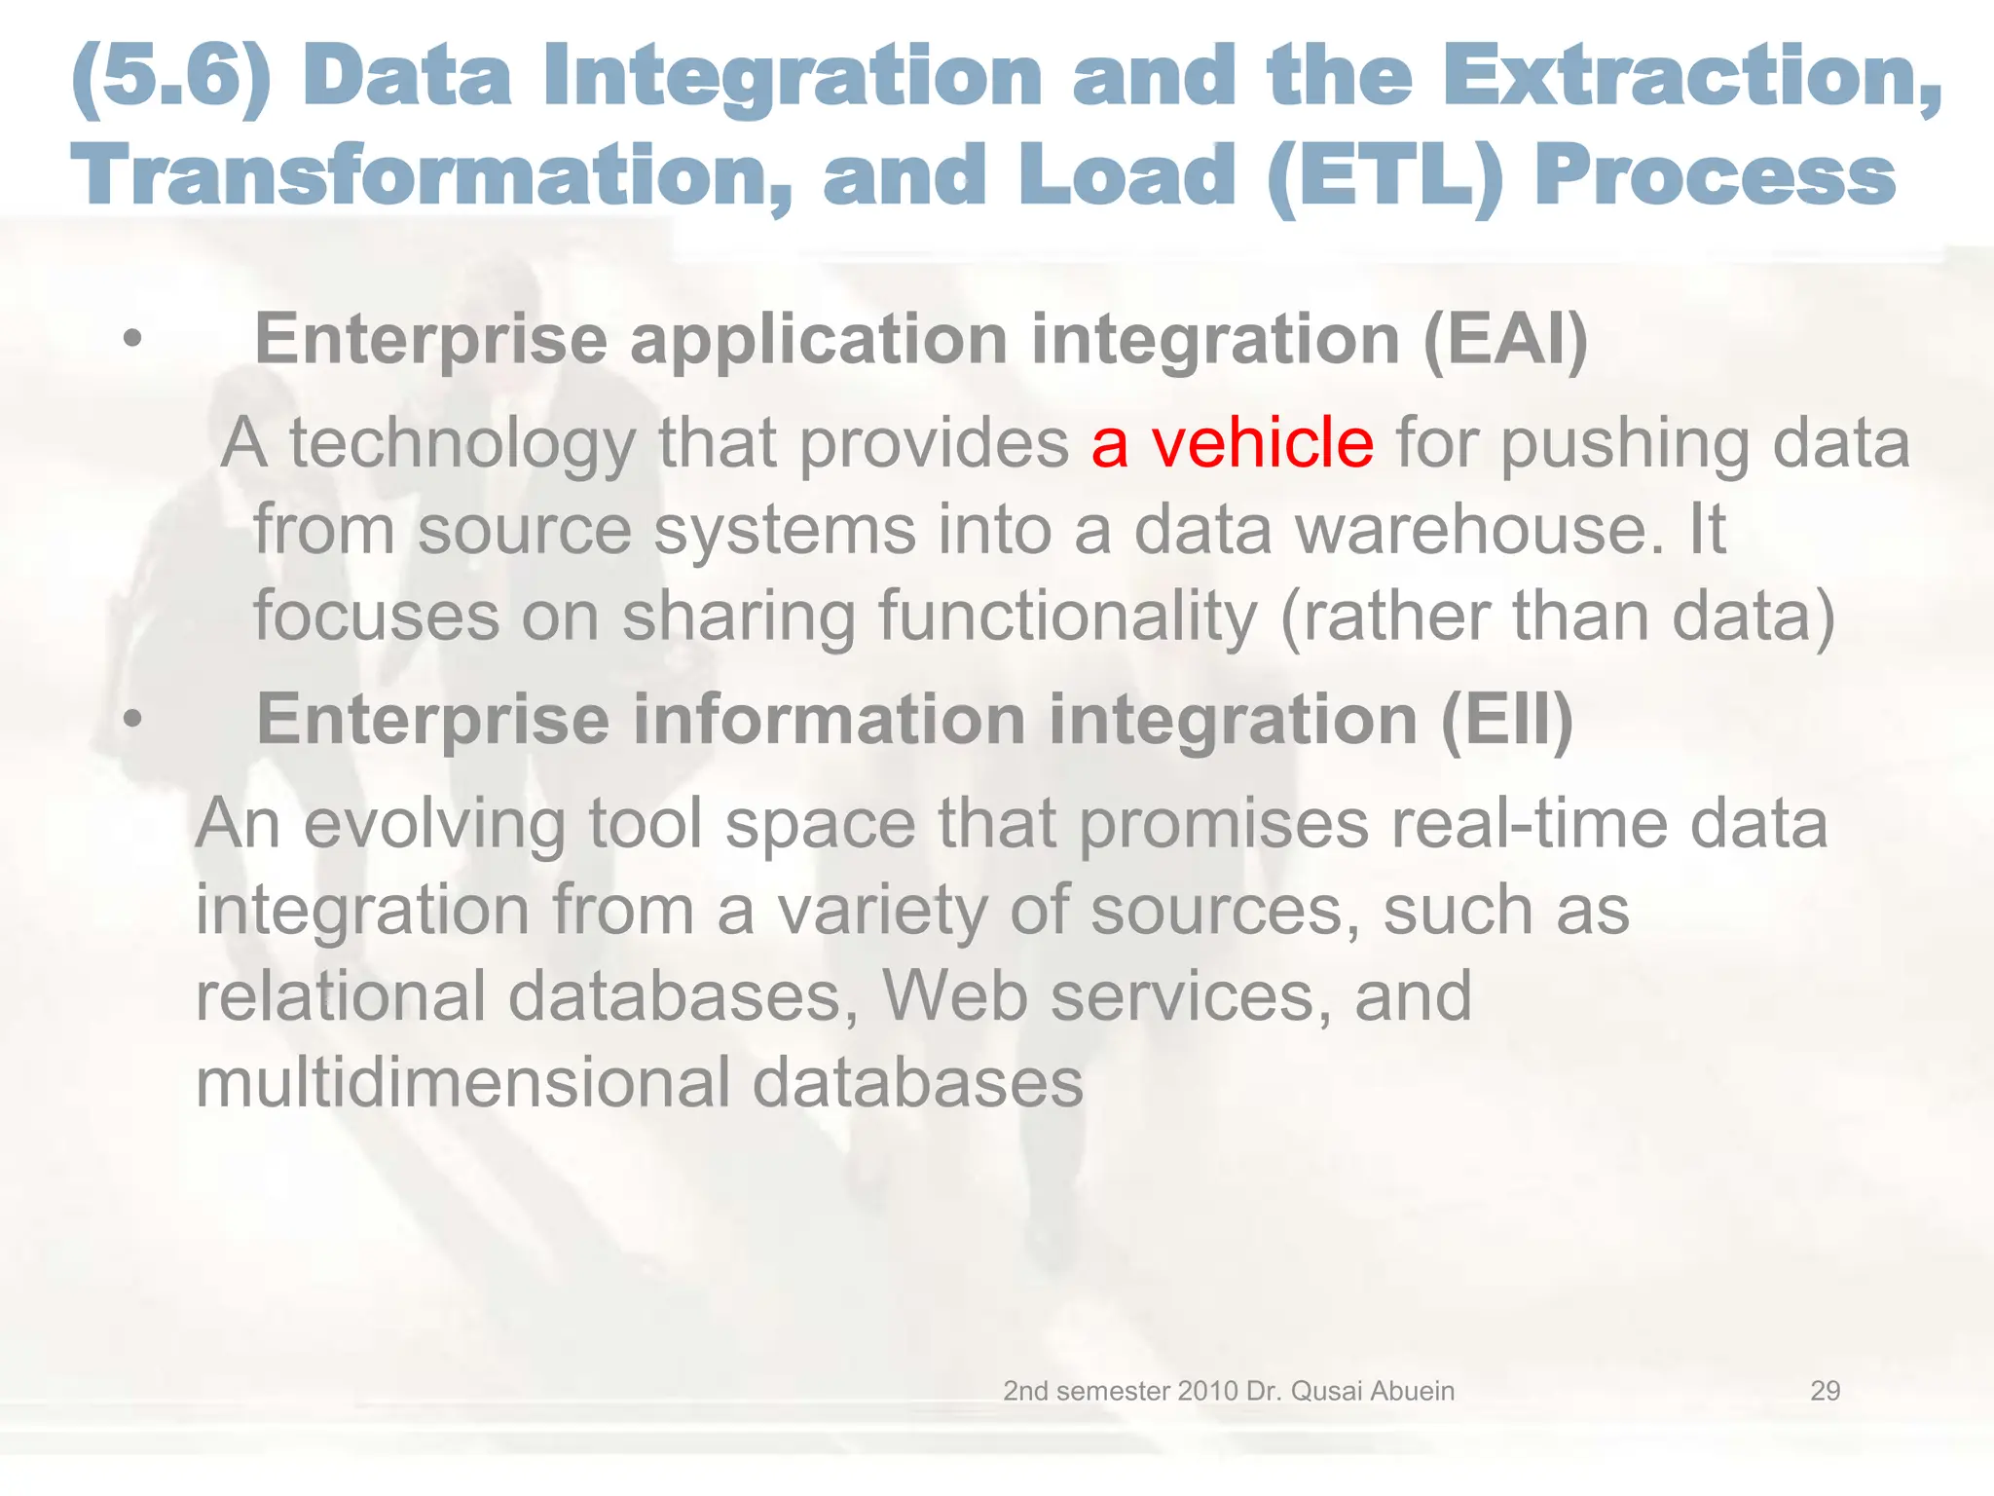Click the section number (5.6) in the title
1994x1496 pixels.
coord(172,76)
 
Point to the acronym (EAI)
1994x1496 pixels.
coord(1505,340)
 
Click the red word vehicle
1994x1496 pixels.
coord(1263,443)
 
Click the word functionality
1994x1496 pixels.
coord(1067,617)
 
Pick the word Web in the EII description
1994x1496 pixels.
coord(954,996)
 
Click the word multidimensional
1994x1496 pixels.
coord(462,1083)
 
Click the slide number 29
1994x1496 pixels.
coord(1825,1391)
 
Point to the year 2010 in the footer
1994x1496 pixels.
coord(1207,1391)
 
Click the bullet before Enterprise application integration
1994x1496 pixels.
coord(132,340)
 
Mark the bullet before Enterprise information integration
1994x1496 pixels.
coord(132,720)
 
